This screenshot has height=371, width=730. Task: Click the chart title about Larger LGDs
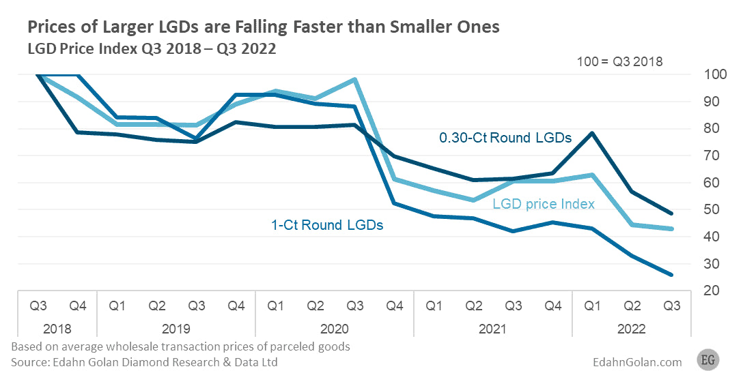coord(264,27)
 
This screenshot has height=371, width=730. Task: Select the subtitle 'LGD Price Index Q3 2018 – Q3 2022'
coord(151,49)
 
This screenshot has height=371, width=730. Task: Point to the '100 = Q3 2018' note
coord(620,62)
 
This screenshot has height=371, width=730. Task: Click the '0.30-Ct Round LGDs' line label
coord(505,138)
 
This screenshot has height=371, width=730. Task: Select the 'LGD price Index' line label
coord(544,204)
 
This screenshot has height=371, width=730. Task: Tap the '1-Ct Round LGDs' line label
coord(326,224)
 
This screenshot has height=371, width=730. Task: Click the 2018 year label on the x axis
coord(58,329)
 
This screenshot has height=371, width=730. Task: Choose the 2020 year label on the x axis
coord(335,329)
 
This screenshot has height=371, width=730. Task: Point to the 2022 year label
coord(632,329)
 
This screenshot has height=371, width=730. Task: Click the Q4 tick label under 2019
coord(236,306)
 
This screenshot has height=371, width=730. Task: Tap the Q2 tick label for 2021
coord(473,306)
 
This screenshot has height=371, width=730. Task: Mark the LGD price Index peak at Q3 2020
coord(354,79)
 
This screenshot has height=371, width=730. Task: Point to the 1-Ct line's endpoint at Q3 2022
coord(672,275)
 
